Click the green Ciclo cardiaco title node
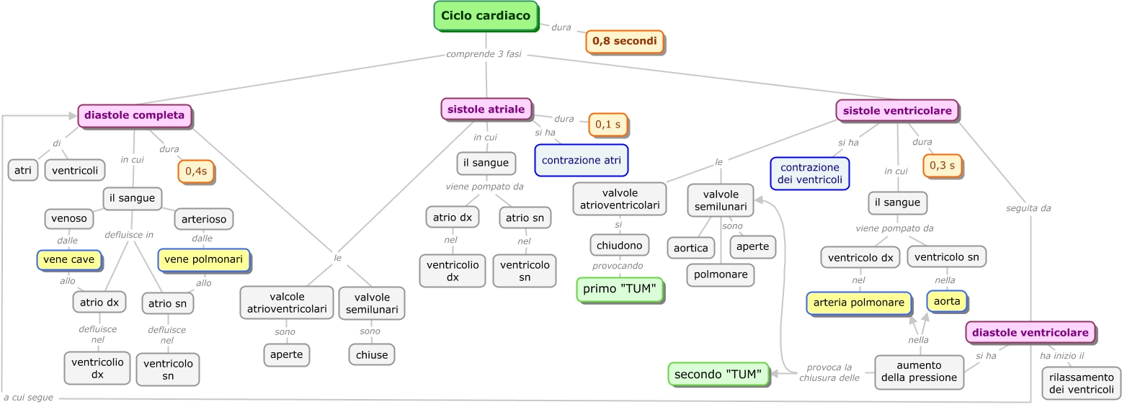485,16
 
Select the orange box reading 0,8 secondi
624,42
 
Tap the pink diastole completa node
134,115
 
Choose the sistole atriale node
486,109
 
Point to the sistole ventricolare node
897,111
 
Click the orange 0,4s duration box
195,171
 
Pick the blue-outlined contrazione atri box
581,160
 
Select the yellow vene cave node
68,259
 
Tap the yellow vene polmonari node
203,259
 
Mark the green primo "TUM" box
619,290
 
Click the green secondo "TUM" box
718,374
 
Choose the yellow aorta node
946,301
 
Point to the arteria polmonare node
858,303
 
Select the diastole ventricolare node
1030,333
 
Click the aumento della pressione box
919,372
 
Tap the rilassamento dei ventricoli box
1081,383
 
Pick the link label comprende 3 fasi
483,54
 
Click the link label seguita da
1028,208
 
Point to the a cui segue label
28,398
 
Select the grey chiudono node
619,245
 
